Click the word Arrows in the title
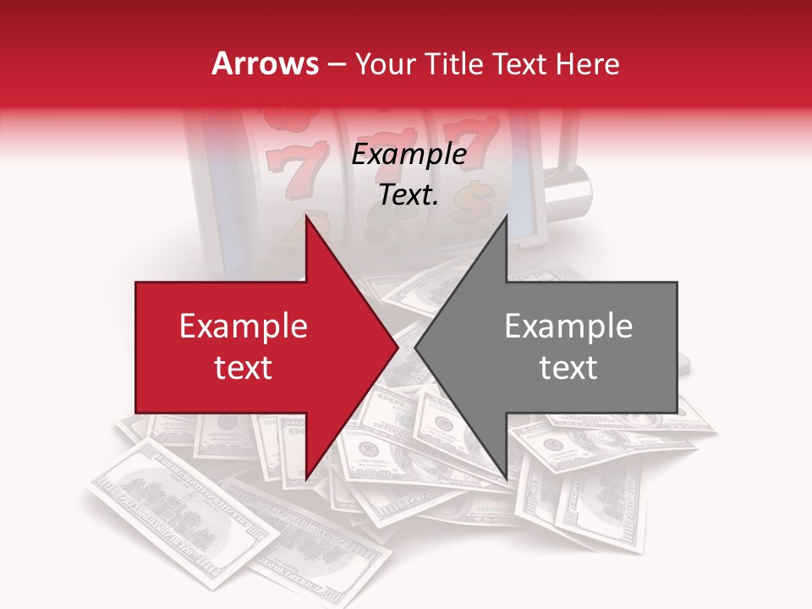point(266,63)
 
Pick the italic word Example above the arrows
point(409,155)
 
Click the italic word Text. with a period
point(409,195)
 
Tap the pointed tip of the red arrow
point(398,348)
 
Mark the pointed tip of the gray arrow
point(414,348)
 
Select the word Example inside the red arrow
point(244,326)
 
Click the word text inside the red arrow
point(244,368)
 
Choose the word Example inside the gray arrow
point(568,326)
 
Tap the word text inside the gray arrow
point(568,368)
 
